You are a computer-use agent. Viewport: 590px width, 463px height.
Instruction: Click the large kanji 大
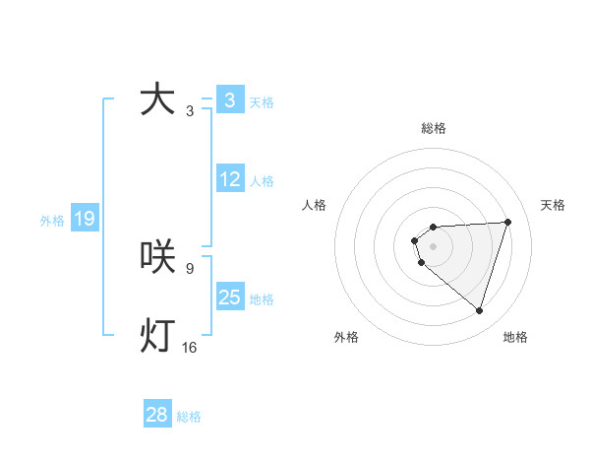[x=157, y=100]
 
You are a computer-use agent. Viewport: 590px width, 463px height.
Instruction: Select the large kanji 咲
[x=157, y=257]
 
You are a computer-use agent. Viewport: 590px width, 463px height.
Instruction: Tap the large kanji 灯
[x=157, y=336]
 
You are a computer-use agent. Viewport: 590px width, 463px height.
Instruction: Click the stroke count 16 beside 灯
[x=189, y=347]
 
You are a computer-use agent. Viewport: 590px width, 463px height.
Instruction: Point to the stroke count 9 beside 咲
[x=190, y=268]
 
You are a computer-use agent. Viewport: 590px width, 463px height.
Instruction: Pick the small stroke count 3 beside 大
[x=190, y=111]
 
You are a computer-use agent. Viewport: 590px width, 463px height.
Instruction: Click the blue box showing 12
[x=230, y=179]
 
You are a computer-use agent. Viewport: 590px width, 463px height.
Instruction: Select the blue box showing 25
[x=230, y=298]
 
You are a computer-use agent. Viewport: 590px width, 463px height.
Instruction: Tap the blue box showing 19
[x=85, y=219]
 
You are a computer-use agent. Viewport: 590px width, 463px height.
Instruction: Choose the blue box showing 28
[x=157, y=415]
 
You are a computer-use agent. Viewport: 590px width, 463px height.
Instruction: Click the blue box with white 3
[x=230, y=100]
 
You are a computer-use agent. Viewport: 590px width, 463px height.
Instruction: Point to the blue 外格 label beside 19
[x=52, y=221]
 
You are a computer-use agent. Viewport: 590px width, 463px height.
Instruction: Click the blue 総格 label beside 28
[x=189, y=417]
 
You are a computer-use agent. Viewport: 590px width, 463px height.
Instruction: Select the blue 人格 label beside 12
[x=262, y=181]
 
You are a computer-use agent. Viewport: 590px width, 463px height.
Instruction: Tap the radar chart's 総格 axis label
[x=434, y=128]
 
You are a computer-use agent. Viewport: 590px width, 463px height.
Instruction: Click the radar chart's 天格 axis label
[x=553, y=205]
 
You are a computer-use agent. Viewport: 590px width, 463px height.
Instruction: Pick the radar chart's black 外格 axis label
[x=346, y=337]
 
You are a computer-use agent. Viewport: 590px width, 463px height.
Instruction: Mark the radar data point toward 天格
[x=507, y=222]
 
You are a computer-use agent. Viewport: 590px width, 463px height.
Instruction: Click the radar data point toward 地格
[x=479, y=310]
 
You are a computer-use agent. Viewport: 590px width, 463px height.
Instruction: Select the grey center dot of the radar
[x=433, y=245]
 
